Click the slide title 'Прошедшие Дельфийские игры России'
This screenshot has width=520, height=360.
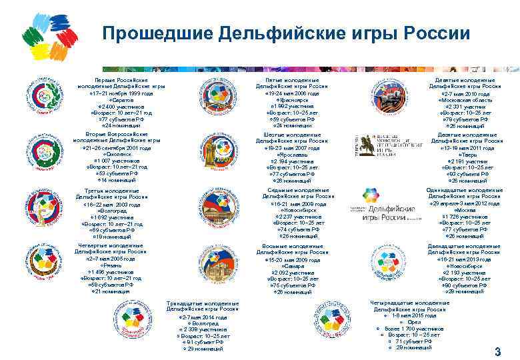click(286, 33)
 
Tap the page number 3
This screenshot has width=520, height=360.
click(497, 351)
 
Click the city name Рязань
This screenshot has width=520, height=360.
click(111, 265)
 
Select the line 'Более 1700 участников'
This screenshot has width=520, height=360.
click(414, 329)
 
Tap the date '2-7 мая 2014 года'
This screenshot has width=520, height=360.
click(203, 317)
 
